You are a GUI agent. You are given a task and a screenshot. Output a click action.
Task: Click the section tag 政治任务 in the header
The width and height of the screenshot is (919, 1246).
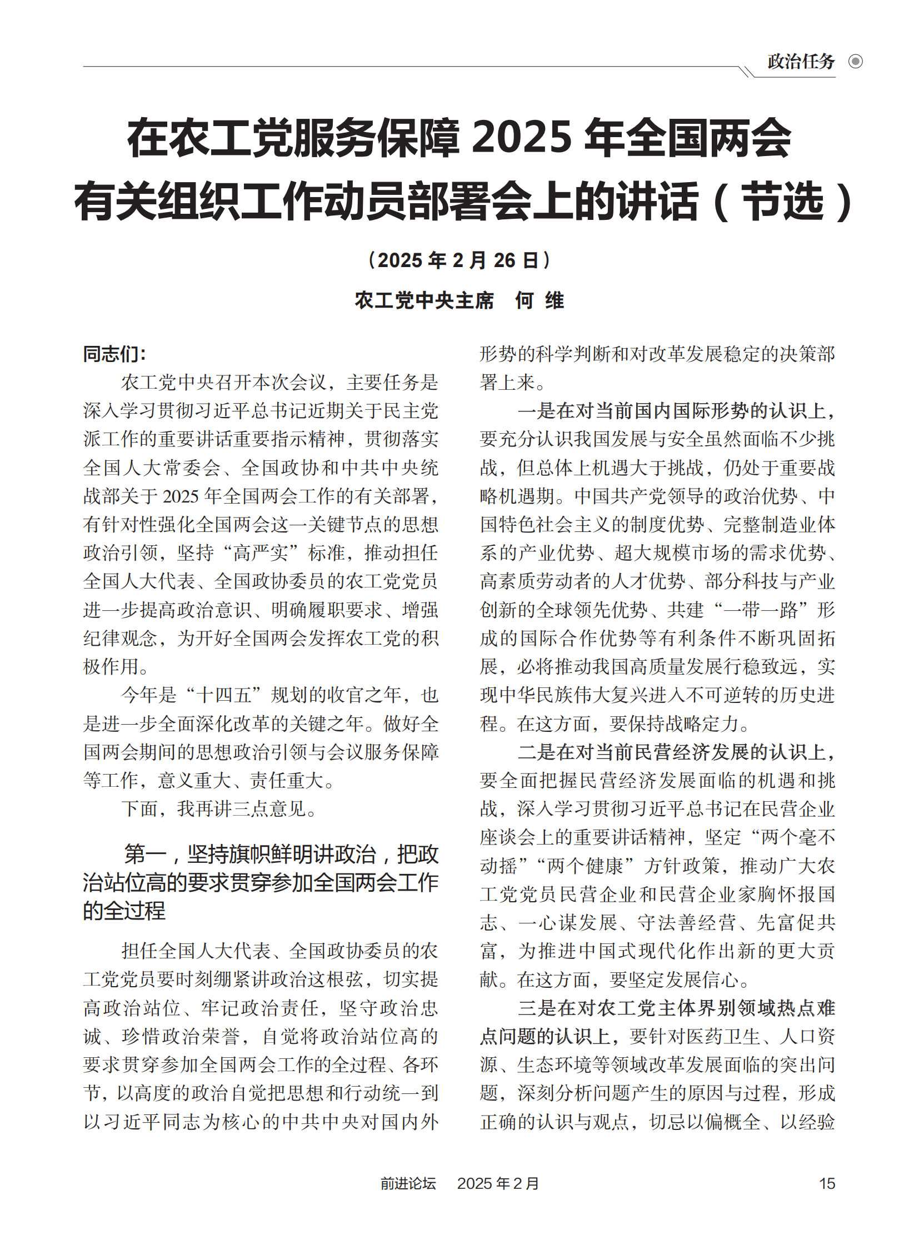coord(801,61)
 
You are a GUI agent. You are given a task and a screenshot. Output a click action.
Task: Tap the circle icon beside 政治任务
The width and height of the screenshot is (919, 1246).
coord(856,61)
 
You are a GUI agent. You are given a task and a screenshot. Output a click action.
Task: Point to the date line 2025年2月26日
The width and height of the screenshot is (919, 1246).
coord(459,260)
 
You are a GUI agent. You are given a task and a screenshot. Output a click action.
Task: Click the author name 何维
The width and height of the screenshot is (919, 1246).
coord(539,300)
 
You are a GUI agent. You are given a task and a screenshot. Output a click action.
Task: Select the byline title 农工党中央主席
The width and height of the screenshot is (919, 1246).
coord(424,300)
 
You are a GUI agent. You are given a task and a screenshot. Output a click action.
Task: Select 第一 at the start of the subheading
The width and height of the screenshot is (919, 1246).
coord(144,855)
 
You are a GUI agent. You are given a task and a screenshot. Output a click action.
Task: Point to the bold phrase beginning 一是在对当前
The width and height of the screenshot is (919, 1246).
coord(676,411)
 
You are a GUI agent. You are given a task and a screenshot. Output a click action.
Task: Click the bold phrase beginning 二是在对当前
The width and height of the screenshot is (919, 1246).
coord(676,752)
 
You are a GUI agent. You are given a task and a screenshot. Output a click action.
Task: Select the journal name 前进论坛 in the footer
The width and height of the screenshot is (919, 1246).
coord(408,1183)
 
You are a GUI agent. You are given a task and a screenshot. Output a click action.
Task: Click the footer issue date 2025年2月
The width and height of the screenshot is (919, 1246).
coord(498,1183)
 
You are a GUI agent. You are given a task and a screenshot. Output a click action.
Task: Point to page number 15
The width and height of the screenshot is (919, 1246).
coord(827,1183)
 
